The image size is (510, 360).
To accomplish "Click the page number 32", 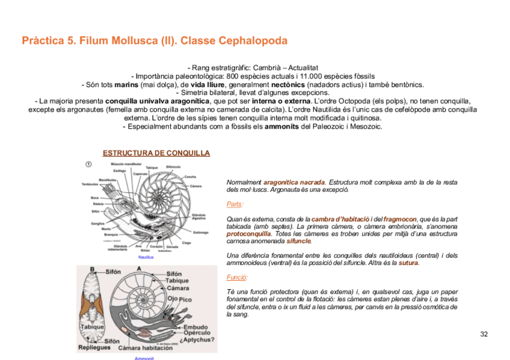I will (484, 334).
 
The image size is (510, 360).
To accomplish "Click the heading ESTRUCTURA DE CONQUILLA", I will (156, 153).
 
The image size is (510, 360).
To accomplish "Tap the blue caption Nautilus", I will (146, 257).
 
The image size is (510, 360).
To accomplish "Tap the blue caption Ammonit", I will (144, 358).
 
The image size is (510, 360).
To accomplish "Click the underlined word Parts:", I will (235, 204).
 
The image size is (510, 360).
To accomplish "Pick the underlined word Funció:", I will (237, 277).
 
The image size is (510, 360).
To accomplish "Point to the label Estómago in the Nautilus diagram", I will (200, 232).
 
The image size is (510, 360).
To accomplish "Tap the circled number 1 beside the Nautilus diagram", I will (88, 165).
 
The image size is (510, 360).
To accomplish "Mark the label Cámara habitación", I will (145, 348).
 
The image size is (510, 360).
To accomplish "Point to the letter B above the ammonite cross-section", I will (92, 269).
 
